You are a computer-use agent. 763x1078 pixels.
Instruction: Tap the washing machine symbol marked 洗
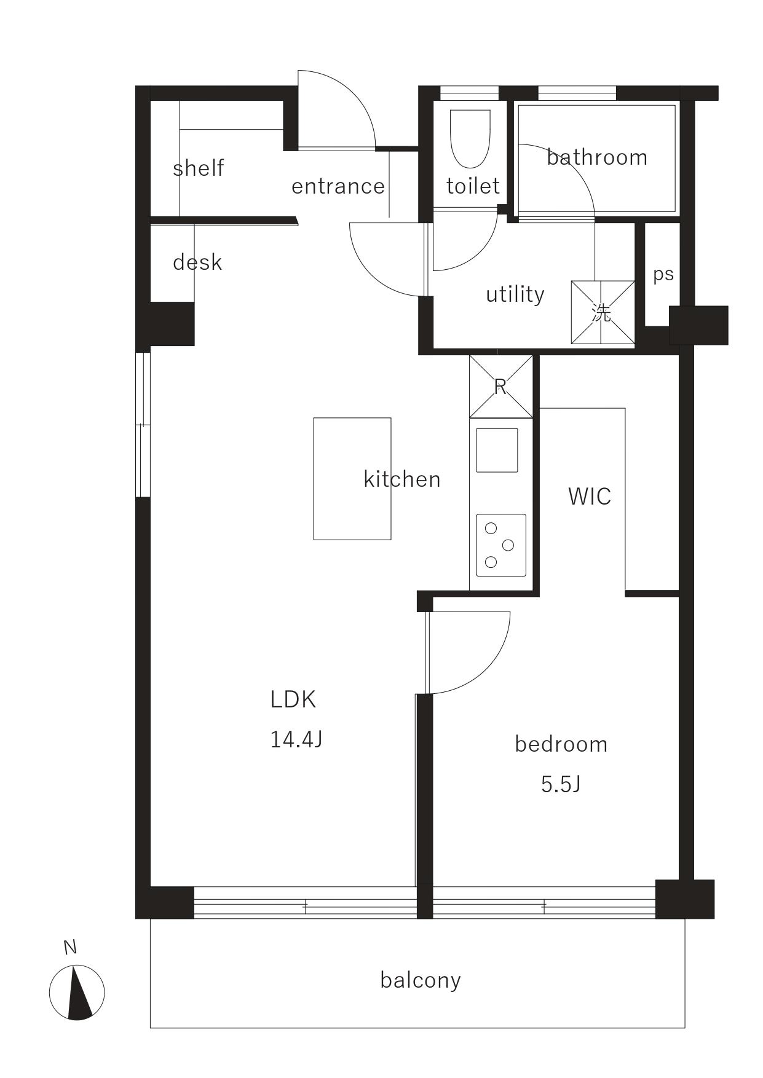pyautogui.click(x=603, y=312)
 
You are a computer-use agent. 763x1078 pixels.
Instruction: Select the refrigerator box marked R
pyautogui.click(x=500, y=387)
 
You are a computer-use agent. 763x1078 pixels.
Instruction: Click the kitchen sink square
pyautogui.click(x=497, y=450)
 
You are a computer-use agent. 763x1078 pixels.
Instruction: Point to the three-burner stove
pyautogui.click(x=501, y=545)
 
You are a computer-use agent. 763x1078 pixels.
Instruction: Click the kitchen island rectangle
pyautogui.click(x=352, y=479)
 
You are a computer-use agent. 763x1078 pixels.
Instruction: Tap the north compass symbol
pyautogui.click(x=77, y=993)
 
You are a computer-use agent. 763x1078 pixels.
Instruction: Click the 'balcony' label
pyautogui.click(x=421, y=980)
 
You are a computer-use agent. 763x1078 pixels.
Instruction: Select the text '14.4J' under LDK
pyautogui.click(x=296, y=739)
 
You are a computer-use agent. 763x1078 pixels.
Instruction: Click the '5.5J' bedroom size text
pyautogui.click(x=561, y=784)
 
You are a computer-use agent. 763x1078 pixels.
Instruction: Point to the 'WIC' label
pyautogui.click(x=590, y=496)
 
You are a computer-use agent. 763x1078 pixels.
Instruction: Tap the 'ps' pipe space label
pyautogui.click(x=663, y=275)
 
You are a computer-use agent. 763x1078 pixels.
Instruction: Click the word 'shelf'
pyautogui.click(x=198, y=168)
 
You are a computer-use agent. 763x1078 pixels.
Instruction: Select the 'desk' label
pyautogui.click(x=197, y=262)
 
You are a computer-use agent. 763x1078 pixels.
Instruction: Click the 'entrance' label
pyautogui.click(x=338, y=186)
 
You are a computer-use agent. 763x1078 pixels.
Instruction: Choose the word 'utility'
pyautogui.click(x=515, y=294)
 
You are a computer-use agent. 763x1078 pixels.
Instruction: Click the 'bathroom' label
pyautogui.click(x=597, y=157)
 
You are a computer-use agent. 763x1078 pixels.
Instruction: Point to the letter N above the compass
pyautogui.click(x=70, y=948)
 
